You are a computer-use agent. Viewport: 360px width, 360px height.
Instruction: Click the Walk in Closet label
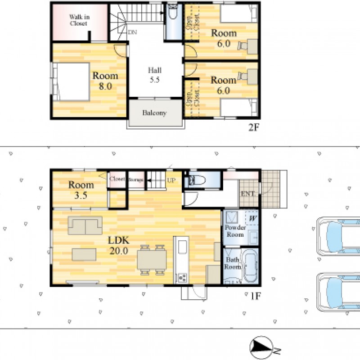(x=79, y=20)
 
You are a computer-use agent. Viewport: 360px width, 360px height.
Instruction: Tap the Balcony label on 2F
(x=154, y=113)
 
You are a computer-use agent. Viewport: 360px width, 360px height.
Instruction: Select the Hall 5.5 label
(x=155, y=75)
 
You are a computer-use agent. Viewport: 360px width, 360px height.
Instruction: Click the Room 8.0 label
(x=105, y=81)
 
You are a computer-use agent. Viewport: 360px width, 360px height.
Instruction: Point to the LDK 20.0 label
(x=119, y=245)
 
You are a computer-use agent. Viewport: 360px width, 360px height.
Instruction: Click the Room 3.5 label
(x=81, y=190)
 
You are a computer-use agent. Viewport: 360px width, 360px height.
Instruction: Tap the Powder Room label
(x=235, y=231)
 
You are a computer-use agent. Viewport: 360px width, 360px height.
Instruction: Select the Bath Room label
(x=232, y=263)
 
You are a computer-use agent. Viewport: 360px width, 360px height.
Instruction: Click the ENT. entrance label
(x=248, y=194)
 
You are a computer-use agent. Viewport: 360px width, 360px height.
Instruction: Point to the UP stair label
(x=171, y=180)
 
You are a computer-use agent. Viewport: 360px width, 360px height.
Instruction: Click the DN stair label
(x=132, y=32)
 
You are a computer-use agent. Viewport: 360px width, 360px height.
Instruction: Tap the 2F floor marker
(x=254, y=127)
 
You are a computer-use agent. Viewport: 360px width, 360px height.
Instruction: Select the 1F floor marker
(x=256, y=296)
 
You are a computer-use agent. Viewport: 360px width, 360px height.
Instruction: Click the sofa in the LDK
(x=85, y=225)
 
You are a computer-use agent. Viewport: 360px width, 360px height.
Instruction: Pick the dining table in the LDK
(x=152, y=260)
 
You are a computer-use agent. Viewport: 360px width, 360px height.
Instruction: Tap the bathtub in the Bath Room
(x=250, y=266)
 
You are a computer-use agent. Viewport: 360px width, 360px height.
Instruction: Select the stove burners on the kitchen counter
(x=183, y=278)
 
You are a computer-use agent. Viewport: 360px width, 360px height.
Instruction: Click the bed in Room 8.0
(x=71, y=82)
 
